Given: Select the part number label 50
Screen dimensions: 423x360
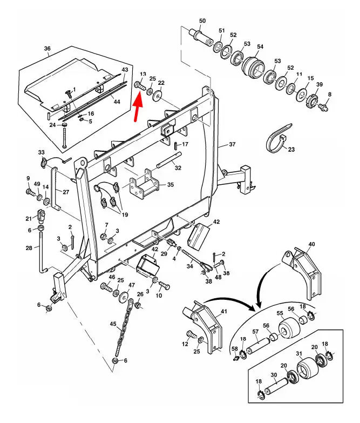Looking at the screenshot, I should (202, 21).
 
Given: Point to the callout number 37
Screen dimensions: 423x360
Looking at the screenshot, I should (233, 145).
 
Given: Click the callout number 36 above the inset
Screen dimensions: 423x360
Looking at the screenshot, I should (47, 49).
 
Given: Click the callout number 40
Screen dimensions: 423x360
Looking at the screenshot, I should (311, 245).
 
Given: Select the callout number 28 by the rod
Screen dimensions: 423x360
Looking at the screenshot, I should (29, 249).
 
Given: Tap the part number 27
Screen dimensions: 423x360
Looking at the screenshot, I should (66, 192).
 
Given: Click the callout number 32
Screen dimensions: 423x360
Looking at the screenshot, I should (178, 168).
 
